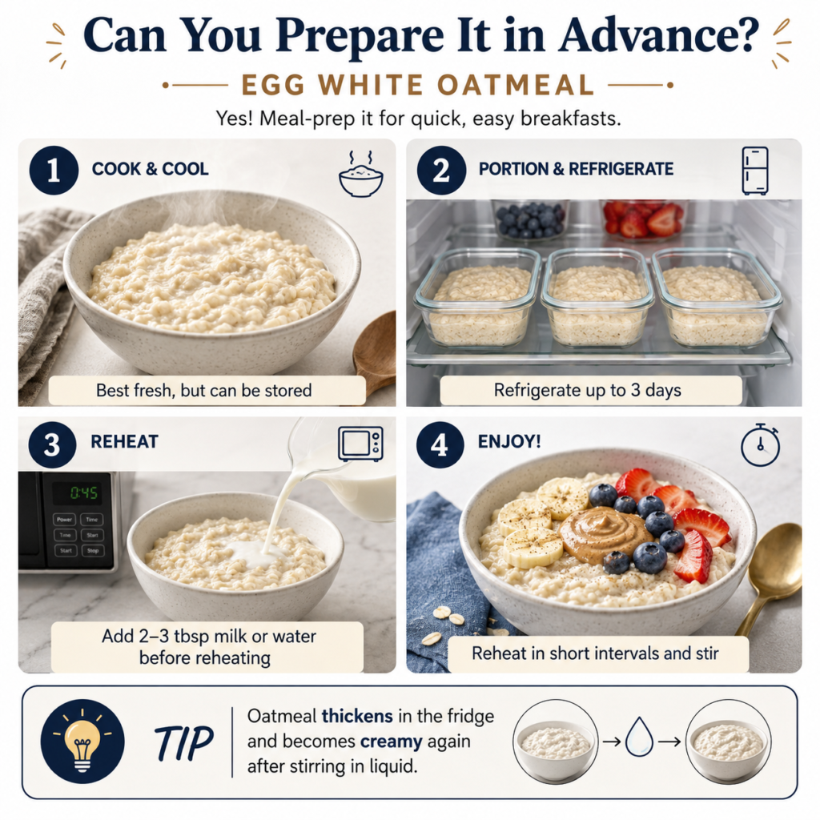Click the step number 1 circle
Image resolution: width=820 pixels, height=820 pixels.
54,171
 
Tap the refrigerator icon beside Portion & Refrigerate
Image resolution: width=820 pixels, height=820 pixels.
755,171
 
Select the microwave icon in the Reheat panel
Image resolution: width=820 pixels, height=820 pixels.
360,444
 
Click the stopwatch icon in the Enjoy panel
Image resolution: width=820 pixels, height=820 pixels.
761,445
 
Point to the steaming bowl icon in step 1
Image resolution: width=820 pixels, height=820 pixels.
360,174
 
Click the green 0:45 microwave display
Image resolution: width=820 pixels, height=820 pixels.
83,492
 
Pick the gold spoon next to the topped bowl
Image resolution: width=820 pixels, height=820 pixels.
771,575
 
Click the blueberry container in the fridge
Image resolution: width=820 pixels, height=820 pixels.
530,219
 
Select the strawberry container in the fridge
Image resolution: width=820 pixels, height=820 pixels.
643,219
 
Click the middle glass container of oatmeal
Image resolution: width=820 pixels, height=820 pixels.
597,297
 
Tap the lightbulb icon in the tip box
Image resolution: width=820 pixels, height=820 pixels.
82,741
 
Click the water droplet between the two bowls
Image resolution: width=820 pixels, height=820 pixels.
639,737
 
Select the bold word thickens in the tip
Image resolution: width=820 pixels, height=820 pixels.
357,715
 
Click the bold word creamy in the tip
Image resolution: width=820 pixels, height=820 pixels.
391,742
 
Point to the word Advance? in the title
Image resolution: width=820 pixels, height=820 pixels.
659,35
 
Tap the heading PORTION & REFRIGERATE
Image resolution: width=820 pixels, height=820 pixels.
576,169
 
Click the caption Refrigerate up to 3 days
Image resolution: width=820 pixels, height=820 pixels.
587,390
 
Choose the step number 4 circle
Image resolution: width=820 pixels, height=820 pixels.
440,445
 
